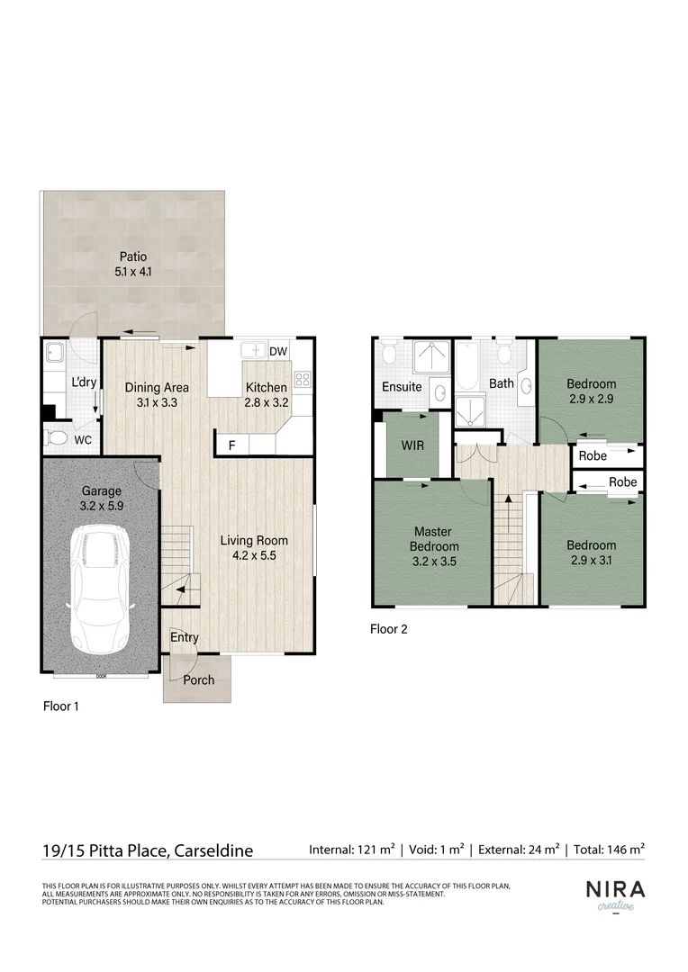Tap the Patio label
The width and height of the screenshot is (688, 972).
133,256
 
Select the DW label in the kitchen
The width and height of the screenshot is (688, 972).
278,352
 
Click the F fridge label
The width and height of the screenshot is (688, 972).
231,445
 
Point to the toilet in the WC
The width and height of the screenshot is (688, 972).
59,439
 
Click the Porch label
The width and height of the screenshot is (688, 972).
199,679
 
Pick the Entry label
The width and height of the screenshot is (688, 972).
185,637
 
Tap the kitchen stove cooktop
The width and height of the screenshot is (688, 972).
303,380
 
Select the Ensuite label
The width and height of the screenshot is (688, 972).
402,387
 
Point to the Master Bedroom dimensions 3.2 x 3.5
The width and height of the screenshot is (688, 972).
435,561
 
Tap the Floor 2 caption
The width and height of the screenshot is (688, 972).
389,629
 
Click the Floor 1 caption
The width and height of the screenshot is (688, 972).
61,706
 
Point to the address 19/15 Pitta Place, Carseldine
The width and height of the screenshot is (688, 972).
148,850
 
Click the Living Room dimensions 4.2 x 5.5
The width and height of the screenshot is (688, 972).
255,556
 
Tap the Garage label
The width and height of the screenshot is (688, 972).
101,492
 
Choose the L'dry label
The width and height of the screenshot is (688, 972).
84,382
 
